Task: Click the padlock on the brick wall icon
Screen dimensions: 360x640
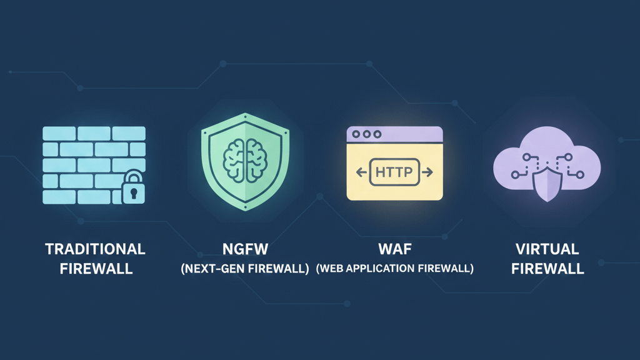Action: [132, 188]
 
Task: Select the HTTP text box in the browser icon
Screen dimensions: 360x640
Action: [395, 172]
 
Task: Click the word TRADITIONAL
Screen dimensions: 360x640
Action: [95, 249]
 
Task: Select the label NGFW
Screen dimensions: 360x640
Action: [246, 249]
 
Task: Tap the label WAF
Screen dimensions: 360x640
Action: [395, 249]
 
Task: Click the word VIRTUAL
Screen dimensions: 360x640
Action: [547, 249]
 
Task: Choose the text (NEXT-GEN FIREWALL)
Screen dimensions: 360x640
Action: [246, 269]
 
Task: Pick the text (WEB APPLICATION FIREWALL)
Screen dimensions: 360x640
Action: [395, 269]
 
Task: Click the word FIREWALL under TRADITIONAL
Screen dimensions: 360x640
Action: [95, 269]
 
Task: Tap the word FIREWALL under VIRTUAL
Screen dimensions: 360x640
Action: [547, 269]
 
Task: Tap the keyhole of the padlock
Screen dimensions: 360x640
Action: [132, 192]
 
